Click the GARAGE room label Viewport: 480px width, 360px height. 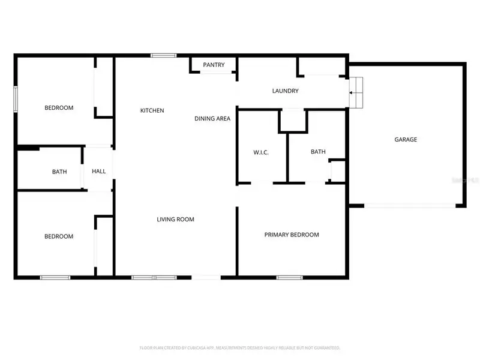coord(406,139)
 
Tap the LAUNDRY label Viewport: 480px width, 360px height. coord(285,91)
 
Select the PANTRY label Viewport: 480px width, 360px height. coord(214,65)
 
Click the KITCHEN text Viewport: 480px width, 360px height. coord(152,110)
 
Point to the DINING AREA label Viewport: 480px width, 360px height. coord(212,118)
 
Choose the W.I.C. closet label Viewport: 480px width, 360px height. coord(260,152)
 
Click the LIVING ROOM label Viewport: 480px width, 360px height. coord(175,220)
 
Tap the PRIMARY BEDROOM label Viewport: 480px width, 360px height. coord(292,235)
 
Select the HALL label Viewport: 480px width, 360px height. coord(98,172)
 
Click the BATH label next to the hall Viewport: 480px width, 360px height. coord(59,172)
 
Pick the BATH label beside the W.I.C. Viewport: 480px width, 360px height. coord(318,152)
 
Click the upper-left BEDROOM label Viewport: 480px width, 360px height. coord(59,108)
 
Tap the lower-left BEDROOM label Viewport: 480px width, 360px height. coord(59,236)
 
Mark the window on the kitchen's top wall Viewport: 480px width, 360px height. coord(163,56)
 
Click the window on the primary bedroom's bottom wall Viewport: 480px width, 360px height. coord(289,277)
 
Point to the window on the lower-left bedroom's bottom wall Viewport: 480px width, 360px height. coord(55,277)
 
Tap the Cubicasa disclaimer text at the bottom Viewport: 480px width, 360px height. coord(240,347)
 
